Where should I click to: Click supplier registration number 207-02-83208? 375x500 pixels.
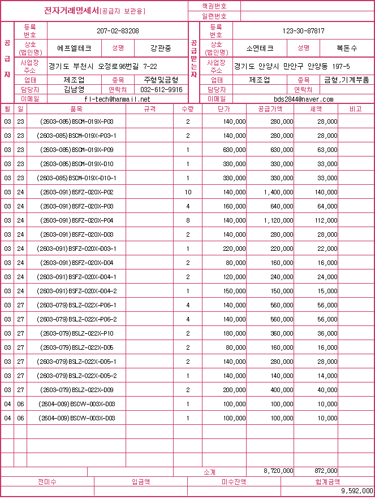tap(118, 31)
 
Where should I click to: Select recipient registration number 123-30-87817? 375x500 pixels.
tap(303, 31)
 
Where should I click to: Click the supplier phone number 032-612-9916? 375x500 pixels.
tap(161, 90)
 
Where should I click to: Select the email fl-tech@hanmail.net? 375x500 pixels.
tap(117, 99)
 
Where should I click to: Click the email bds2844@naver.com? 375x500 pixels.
tap(303, 99)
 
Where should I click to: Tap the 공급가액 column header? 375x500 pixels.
tap(270, 108)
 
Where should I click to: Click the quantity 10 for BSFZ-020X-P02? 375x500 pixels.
tap(188, 192)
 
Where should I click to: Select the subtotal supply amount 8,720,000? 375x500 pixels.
tap(278, 471)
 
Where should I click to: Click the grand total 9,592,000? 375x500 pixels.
tap(357, 491)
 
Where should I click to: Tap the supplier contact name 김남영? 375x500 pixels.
tap(74, 90)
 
